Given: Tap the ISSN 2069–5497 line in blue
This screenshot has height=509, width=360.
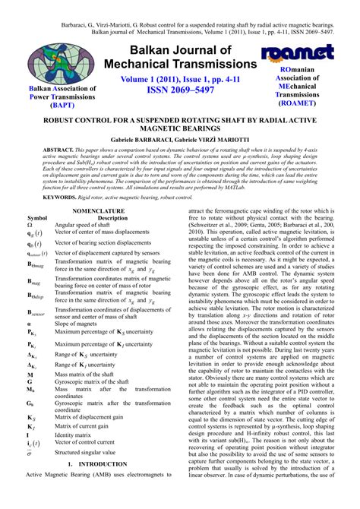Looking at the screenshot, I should pos(179,89).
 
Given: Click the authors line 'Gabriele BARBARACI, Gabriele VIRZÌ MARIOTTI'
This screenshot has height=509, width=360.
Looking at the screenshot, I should pos(179,141).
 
